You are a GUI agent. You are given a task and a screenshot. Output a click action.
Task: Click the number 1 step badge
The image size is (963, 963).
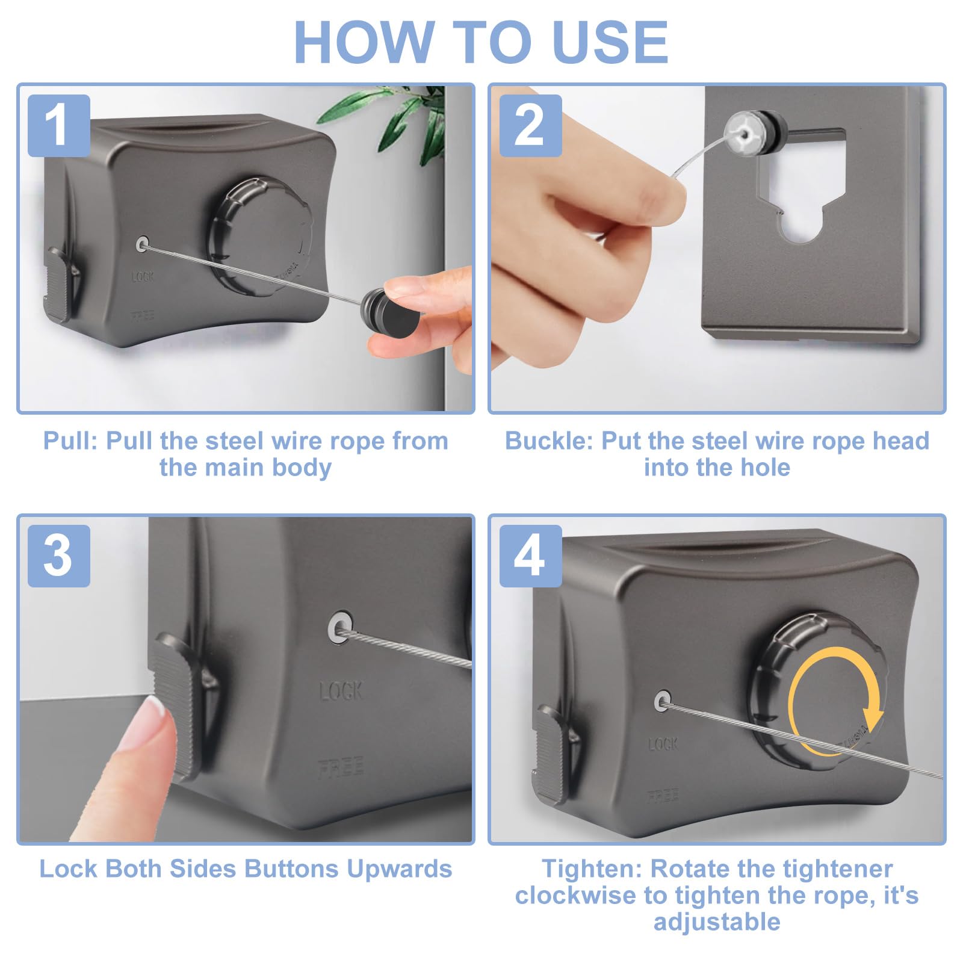pos(59,125)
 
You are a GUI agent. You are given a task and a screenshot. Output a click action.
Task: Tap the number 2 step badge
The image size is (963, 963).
pos(530,125)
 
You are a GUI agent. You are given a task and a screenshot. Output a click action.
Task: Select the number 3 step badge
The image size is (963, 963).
pos(59,556)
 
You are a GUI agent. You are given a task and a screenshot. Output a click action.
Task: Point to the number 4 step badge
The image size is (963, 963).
pos(530,556)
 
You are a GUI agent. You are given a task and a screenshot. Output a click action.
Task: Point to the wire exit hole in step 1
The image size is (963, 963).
pos(143,244)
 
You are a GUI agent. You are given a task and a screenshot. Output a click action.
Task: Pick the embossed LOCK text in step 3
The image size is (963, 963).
pos(341,690)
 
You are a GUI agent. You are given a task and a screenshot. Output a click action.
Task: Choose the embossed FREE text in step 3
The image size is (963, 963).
pos(341,767)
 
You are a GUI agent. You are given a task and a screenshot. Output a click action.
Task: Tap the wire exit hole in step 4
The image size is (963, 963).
pos(663,700)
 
